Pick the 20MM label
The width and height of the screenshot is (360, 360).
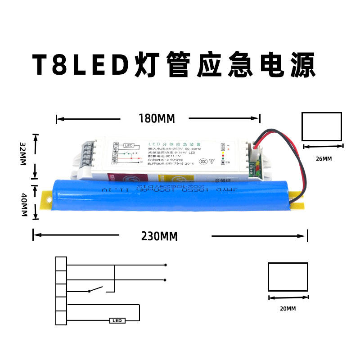pos(288,309)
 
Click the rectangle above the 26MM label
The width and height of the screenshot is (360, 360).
pos(321,126)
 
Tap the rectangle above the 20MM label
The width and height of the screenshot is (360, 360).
pos(288,277)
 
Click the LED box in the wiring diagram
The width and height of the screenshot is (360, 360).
pos(117,320)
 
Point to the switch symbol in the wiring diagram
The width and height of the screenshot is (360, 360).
pos(96,289)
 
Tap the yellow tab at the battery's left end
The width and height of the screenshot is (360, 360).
pos(47,198)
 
